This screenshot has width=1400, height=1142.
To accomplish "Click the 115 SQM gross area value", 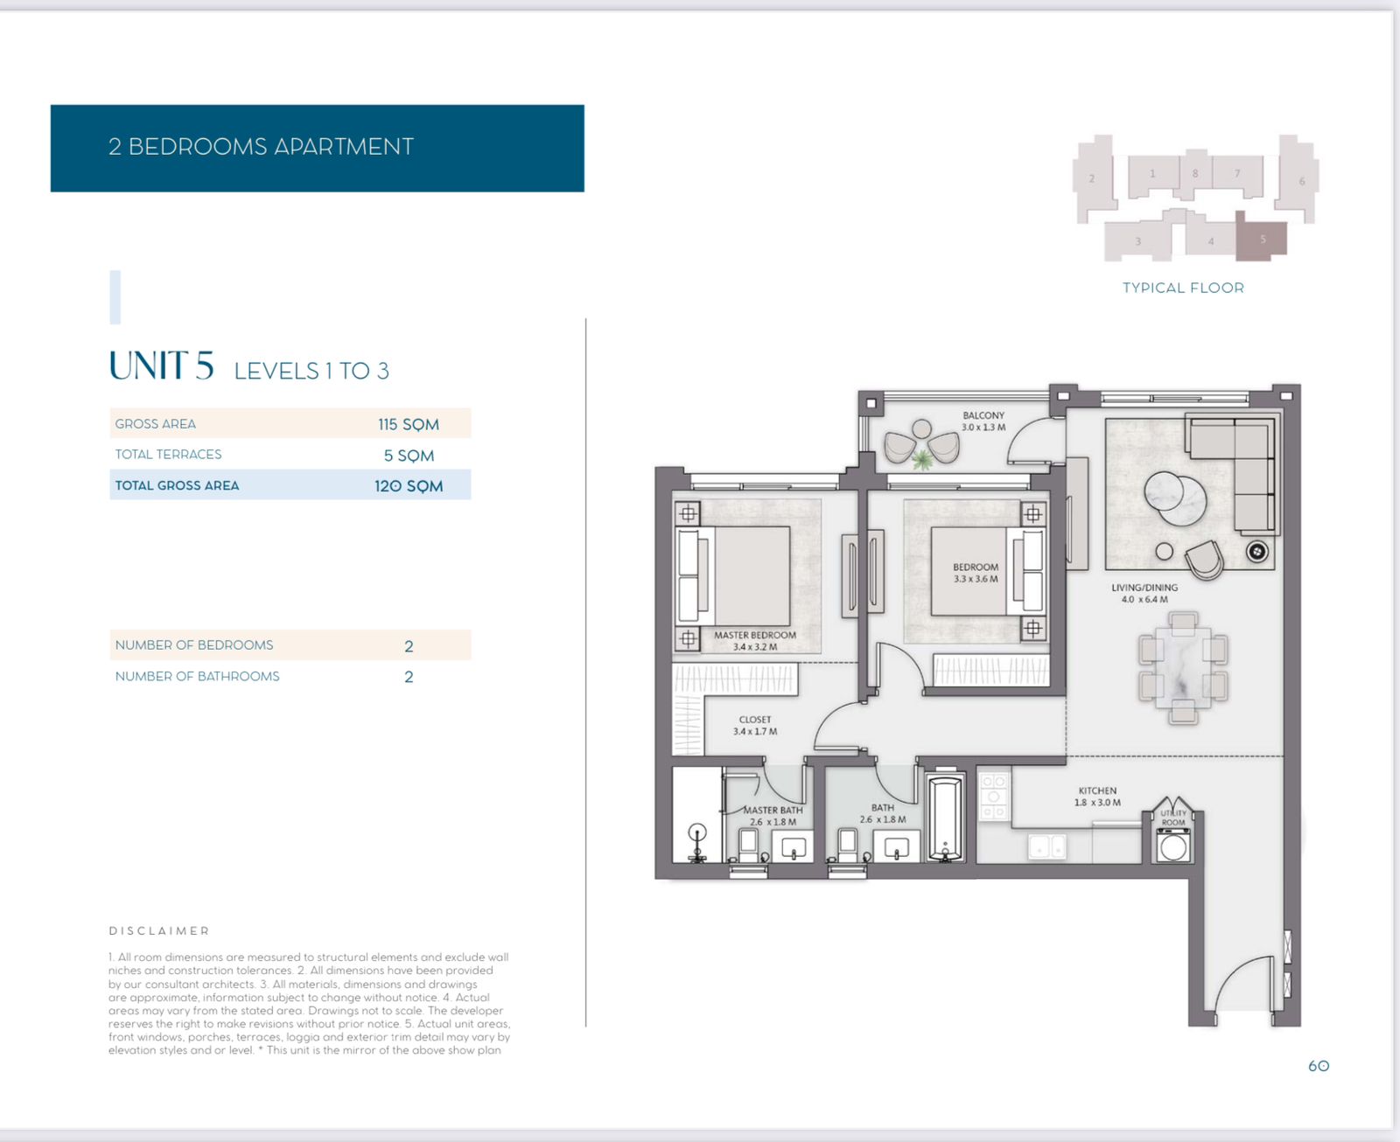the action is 409,425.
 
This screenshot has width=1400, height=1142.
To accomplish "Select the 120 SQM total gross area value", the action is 409,486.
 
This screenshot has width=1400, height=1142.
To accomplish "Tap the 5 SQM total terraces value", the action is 409,456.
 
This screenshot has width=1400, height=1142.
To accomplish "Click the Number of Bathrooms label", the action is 197,676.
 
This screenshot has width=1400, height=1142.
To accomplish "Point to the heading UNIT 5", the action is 161,366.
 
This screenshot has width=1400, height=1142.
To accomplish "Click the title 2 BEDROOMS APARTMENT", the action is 261,147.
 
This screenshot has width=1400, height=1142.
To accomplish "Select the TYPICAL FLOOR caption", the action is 1183,288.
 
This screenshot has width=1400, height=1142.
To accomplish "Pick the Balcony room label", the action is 983,421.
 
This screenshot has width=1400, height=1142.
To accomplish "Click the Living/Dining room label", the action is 1144,593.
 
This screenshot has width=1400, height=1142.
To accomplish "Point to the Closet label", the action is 755,725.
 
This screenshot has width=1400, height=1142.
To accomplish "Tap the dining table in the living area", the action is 1183,667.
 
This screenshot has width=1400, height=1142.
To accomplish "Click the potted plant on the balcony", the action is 921,458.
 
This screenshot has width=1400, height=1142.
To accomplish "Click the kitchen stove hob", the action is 994,797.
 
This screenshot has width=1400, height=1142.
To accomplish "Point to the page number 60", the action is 1319,1066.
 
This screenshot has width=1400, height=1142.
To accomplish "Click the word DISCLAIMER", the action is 159,931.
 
